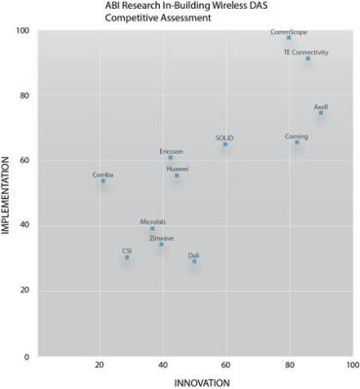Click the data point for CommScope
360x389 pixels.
(289, 38)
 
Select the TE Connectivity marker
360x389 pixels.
(308, 58)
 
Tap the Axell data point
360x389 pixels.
(321, 113)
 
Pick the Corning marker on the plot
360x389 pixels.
(298, 142)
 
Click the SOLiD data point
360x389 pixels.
(225, 144)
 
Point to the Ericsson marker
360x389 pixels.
(171, 157)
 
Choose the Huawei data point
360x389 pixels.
(177, 175)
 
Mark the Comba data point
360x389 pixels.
(102, 181)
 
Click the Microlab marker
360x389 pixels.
(152, 229)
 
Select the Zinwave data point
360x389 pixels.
(162, 244)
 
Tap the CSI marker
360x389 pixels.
(127, 257)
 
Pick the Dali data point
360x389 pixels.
(194, 261)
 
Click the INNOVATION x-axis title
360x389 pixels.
(195, 381)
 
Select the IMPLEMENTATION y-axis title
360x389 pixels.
(10, 195)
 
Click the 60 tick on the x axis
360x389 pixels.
(225, 365)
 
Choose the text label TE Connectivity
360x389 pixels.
(305, 51)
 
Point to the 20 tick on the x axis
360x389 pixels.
(100, 365)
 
